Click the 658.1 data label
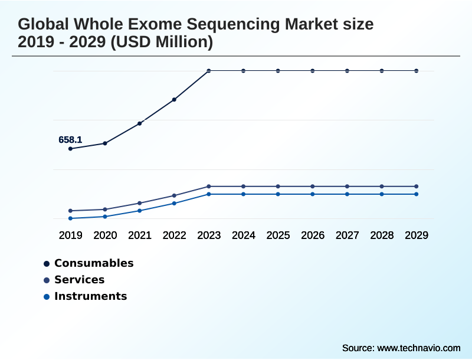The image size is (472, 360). [x=70, y=140]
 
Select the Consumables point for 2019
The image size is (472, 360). [x=70, y=149]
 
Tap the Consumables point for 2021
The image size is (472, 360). [x=140, y=123]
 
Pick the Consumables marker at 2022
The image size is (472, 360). [x=174, y=100]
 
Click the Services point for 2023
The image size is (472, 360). [x=209, y=186]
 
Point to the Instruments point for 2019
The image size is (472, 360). [x=70, y=218]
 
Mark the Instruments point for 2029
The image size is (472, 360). [x=417, y=194]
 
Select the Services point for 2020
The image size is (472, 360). [x=105, y=210]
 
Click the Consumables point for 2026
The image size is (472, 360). [x=313, y=71]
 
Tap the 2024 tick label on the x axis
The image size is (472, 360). [x=243, y=235]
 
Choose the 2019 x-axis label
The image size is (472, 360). [x=70, y=235]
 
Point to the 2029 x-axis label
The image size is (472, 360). [x=417, y=235]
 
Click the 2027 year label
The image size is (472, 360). [x=347, y=235]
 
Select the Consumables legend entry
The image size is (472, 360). [x=94, y=263]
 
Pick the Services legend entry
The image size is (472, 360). [x=79, y=280]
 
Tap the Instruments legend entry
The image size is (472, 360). [x=90, y=296]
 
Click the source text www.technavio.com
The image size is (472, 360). [x=418, y=348]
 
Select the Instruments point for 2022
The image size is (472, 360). [x=174, y=204]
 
